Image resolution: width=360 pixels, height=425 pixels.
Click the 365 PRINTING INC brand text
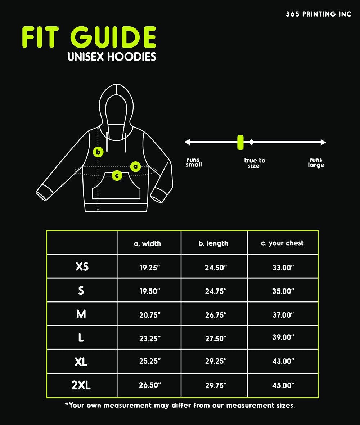click(x=319, y=14)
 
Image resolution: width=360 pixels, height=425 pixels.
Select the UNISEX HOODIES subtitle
click(x=112, y=57)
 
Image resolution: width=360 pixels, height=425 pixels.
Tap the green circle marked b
click(x=98, y=152)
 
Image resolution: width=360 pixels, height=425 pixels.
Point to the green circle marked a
click(x=135, y=166)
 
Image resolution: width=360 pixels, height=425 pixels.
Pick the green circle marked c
click(x=117, y=175)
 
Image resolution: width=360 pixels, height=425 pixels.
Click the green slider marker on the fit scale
click(x=240, y=142)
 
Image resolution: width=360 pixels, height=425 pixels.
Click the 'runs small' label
click(x=194, y=162)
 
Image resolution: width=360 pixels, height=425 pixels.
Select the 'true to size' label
click(x=254, y=163)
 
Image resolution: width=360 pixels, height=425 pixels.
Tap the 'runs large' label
click(x=316, y=162)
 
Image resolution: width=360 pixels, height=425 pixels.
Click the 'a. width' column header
click(x=147, y=243)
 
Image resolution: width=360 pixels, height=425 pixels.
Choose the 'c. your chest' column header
click(x=282, y=243)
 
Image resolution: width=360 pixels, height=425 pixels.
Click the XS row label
click(x=82, y=267)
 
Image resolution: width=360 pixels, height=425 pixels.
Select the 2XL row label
click(x=81, y=385)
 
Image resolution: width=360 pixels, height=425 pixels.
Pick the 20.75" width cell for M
click(x=150, y=315)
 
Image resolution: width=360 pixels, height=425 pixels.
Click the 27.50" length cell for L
click(x=216, y=339)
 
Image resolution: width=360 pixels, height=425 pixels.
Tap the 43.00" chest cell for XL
click(x=283, y=361)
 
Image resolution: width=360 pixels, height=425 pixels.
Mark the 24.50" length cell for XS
click(x=216, y=268)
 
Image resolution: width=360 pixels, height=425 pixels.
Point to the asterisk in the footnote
click(x=67, y=404)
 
